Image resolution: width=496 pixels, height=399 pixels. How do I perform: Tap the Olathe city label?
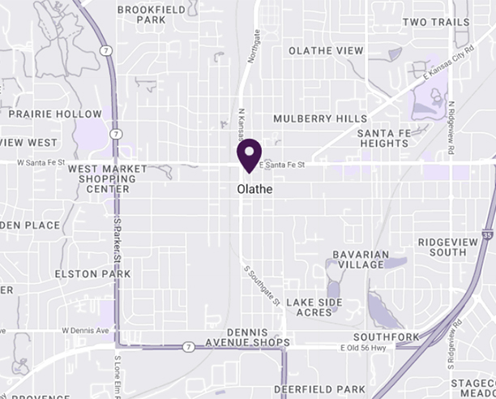coord(254,189)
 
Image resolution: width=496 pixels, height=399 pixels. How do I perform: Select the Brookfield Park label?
coord(141,14)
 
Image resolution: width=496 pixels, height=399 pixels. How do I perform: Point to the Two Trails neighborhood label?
coord(436,22)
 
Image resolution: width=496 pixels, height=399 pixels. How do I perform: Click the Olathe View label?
coord(327,50)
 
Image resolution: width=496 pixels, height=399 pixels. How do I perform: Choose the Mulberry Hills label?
coord(320,118)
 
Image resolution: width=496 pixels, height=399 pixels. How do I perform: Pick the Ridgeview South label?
coord(454,247)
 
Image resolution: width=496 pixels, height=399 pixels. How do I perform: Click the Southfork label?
coord(386,337)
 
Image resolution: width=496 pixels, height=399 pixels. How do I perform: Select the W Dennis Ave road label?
coord(85,332)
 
